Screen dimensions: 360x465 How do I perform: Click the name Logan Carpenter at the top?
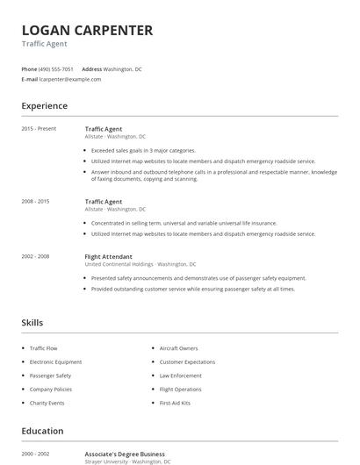coord(87,31)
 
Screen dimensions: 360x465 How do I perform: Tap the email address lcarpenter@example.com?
coord(70,79)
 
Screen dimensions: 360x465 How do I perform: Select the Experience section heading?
coord(44,106)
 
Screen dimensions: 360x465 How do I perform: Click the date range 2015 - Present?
coord(39,129)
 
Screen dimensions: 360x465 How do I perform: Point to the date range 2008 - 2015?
coord(35,201)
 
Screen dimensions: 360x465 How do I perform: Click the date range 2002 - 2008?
coord(35,256)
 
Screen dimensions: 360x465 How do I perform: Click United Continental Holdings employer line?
coord(140,264)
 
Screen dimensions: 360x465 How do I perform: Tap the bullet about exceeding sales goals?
coord(143,150)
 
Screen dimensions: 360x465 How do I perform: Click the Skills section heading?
coord(32,323)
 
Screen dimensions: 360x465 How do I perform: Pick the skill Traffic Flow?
coord(43,348)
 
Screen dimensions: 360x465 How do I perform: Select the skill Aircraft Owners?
coord(178,348)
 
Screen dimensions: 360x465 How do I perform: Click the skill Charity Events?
coord(47,403)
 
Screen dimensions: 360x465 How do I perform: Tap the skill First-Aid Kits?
coord(175,403)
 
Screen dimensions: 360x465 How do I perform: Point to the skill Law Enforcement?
coord(180,376)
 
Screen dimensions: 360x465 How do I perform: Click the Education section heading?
coord(42,431)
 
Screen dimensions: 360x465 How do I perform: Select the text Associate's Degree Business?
coord(126,454)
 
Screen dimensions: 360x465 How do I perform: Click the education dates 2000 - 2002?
coord(35,454)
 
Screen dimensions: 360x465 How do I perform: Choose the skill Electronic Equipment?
coord(55,361)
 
